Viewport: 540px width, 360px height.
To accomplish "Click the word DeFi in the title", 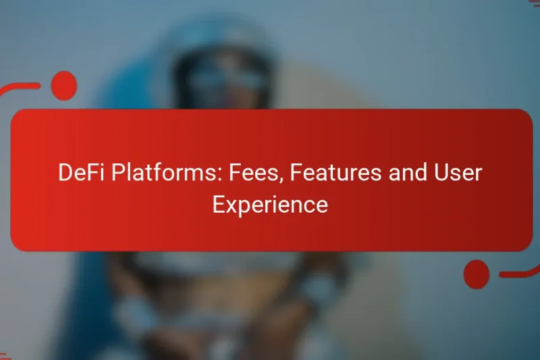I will pyautogui.click(x=78, y=173).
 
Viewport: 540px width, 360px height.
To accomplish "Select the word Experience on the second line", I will pyautogui.click(x=270, y=204).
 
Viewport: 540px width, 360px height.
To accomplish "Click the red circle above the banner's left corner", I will pyautogui.click(x=64, y=85).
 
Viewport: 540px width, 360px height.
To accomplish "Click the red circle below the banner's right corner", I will pyautogui.click(x=477, y=274).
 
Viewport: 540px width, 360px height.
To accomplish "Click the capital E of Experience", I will pyautogui.click(x=217, y=204).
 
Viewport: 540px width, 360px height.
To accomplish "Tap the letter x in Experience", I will pyautogui.click(x=232, y=205).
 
